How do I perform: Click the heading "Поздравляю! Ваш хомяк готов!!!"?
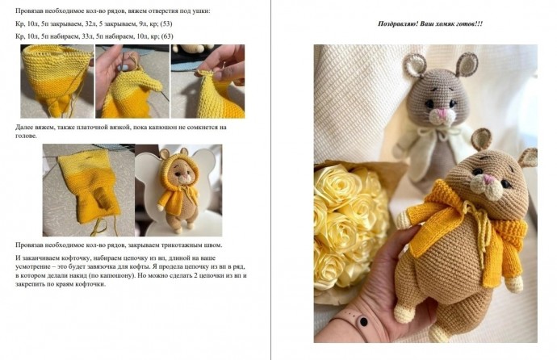430,24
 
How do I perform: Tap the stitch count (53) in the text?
166,23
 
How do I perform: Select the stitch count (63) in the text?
167,36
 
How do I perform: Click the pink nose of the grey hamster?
442,114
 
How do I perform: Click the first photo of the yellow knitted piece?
57,82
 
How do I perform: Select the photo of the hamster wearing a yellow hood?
178,190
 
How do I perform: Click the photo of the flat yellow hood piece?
89,190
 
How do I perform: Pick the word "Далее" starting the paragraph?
24,128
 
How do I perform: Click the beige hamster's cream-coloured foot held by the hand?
403,313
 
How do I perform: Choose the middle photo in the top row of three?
132,82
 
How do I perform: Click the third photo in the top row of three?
207,82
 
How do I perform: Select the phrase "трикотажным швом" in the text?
193,245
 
